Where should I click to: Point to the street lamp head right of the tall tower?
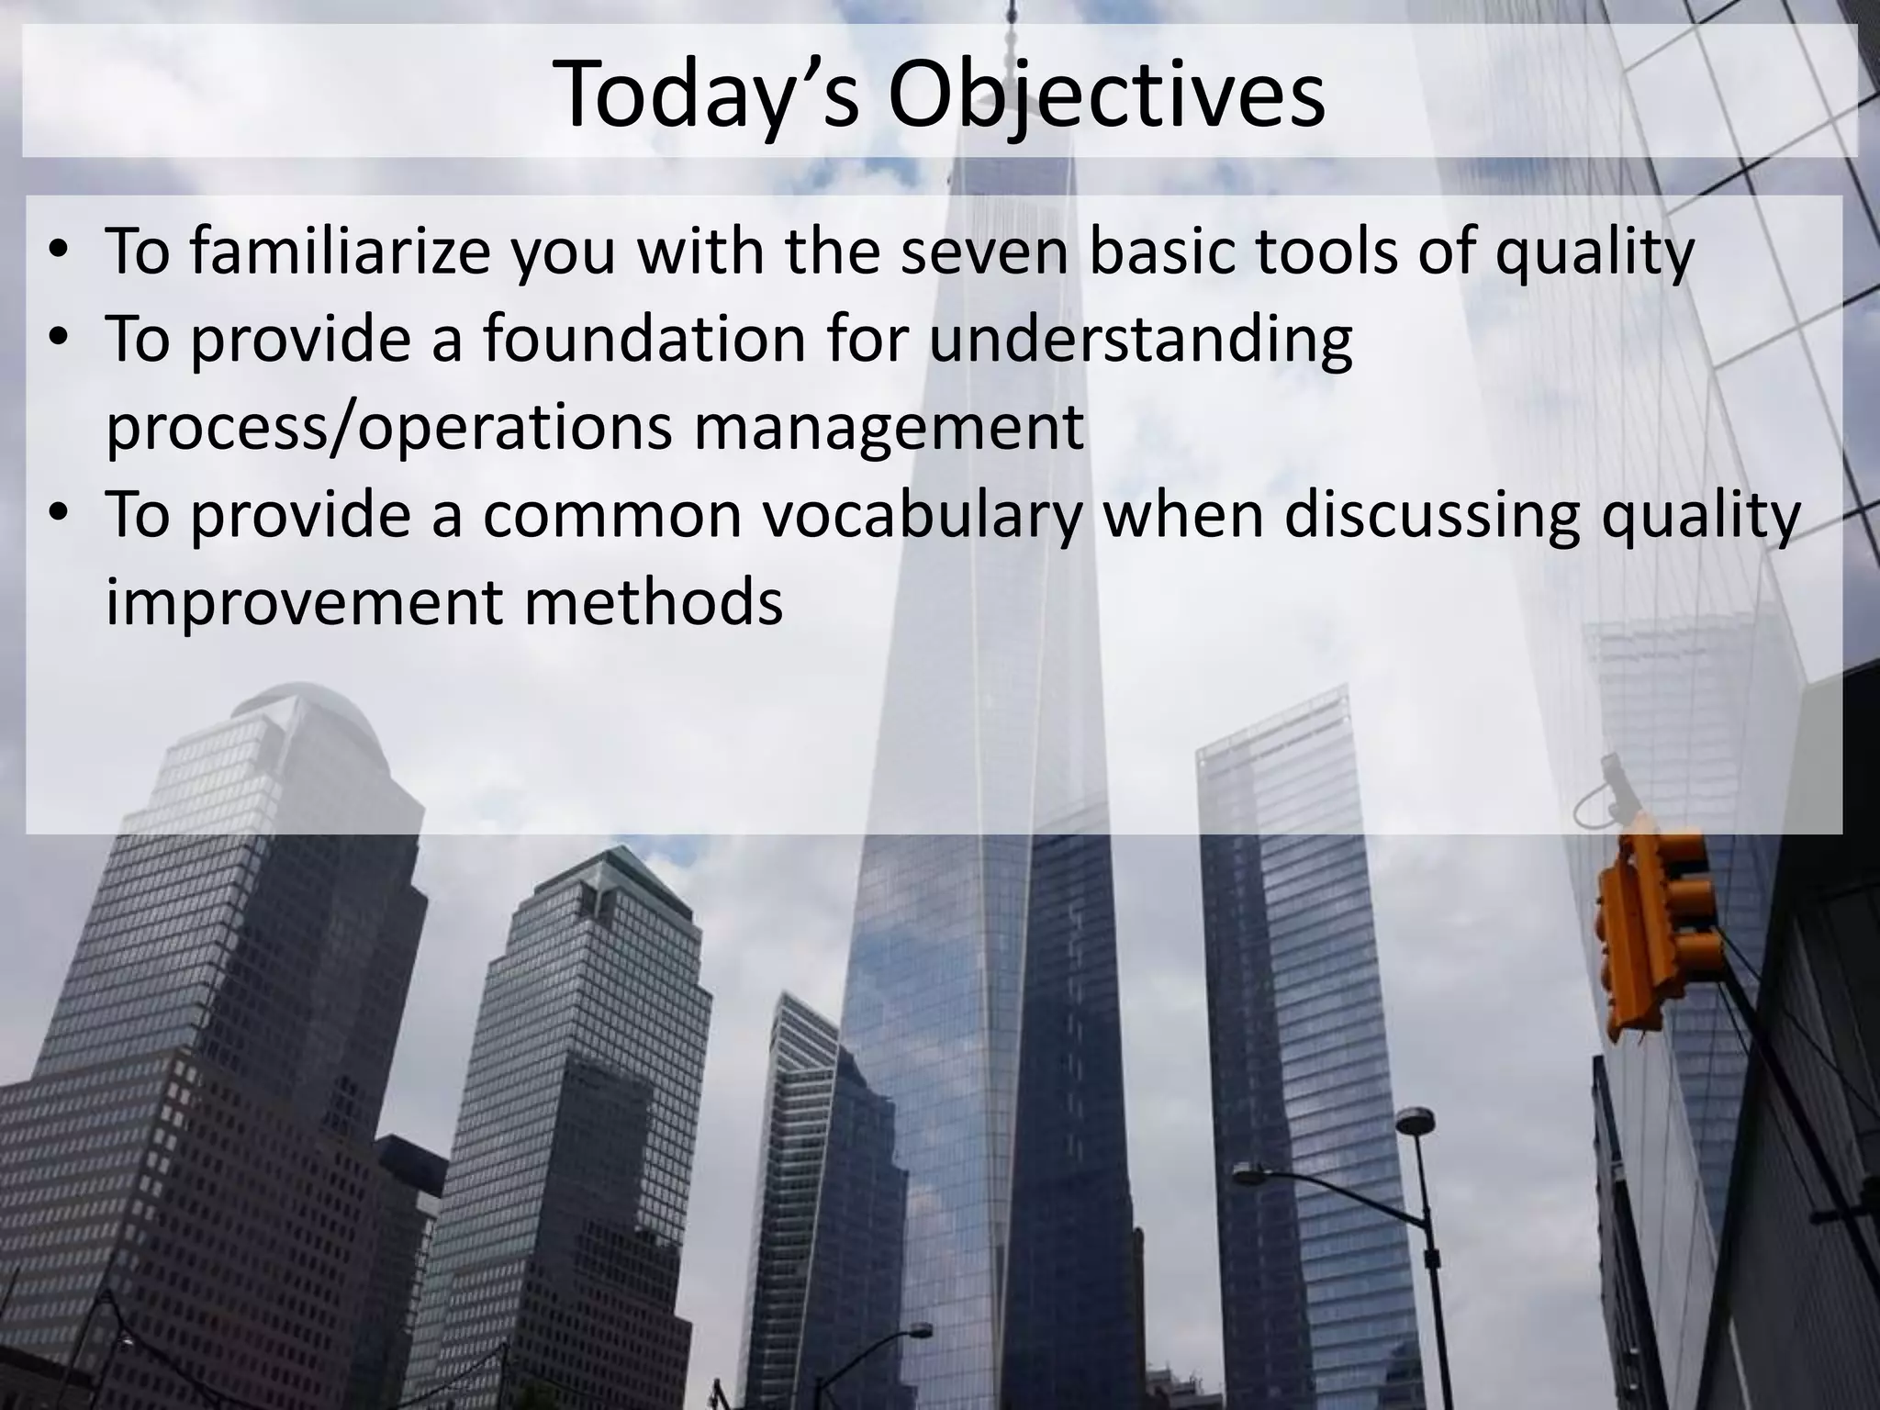pyautogui.click(x=1415, y=1118)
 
